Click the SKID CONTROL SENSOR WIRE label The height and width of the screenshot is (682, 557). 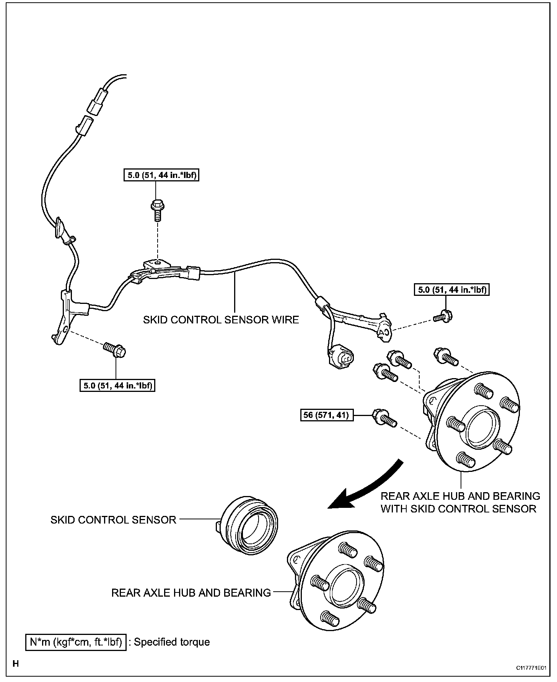[x=221, y=320]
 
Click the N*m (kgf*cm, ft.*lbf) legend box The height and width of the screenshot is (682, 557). [x=76, y=642]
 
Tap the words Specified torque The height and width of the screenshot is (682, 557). [x=172, y=642]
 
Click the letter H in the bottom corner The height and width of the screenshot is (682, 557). [x=16, y=664]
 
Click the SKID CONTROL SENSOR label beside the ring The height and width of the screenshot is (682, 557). [x=113, y=520]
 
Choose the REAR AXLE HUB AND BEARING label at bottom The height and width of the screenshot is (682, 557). [x=191, y=592]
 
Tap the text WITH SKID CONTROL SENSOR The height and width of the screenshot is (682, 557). [x=458, y=509]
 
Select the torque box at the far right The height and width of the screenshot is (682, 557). [x=452, y=290]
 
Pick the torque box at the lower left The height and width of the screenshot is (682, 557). [x=118, y=385]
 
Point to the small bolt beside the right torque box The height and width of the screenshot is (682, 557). [x=444, y=317]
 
